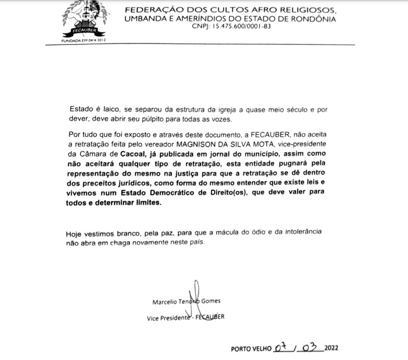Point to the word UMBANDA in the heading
coord(146,19)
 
